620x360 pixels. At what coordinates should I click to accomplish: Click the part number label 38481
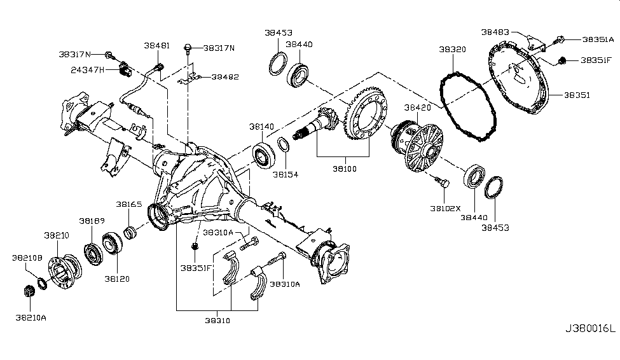pyautogui.click(x=156, y=46)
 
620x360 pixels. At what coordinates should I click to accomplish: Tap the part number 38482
pyautogui.click(x=225, y=76)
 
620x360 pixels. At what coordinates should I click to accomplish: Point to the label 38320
pyautogui.click(x=452, y=48)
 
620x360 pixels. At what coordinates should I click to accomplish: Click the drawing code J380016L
pyautogui.click(x=590, y=329)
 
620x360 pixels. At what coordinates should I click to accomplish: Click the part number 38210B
pyautogui.click(x=27, y=258)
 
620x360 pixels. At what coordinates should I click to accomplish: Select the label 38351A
pyautogui.click(x=598, y=39)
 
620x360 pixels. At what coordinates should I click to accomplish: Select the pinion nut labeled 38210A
pyautogui.click(x=28, y=291)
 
